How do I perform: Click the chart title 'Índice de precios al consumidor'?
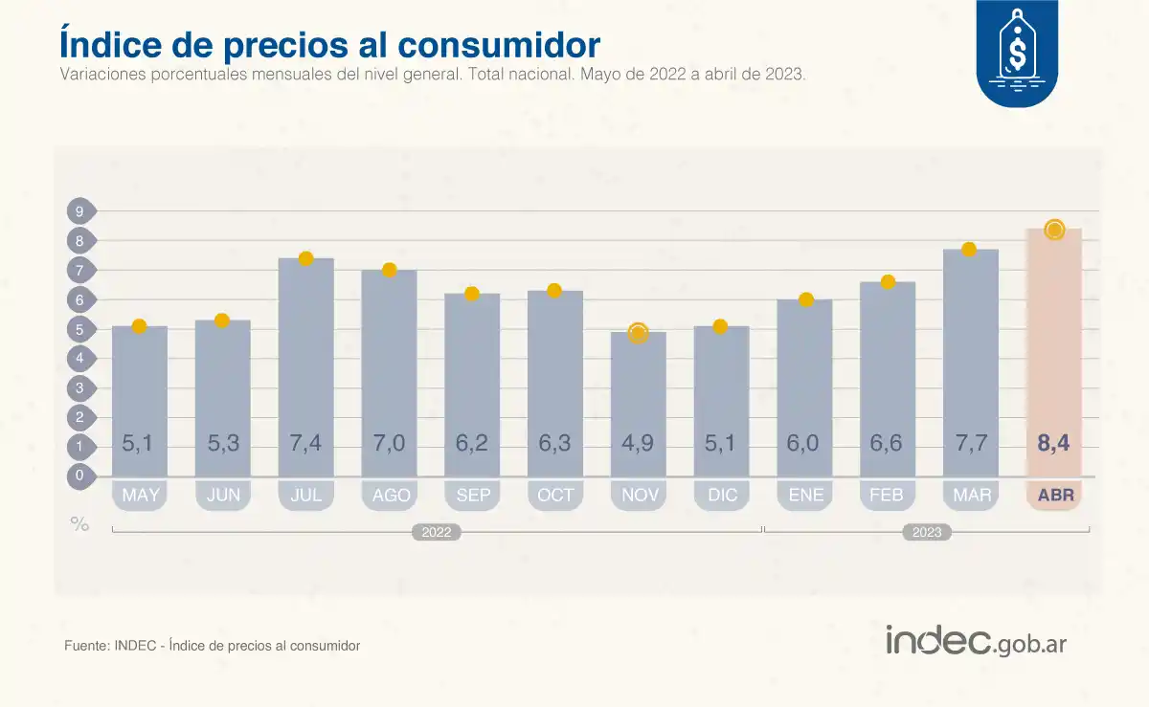[x=330, y=45]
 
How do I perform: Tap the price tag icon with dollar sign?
[x=1017, y=50]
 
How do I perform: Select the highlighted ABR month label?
[x=1055, y=496]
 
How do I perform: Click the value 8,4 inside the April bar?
[x=1053, y=444]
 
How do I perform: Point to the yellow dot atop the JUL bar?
[x=306, y=258]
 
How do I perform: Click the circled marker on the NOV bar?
[x=638, y=333]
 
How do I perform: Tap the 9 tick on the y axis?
[x=80, y=211]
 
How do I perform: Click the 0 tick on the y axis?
[x=80, y=475]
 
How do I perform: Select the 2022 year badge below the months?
[x=437, y=533]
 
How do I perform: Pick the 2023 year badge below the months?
[x=926, y=533]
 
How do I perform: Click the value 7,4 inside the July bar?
[x=306, y=444]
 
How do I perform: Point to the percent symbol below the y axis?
[x=79, y=523]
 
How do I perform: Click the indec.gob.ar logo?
[x=976, y=642]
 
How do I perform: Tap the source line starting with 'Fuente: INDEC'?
[x=212, y=646]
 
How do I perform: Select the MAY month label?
[x=140, y=496]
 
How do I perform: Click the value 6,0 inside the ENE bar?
[x=804, y=444]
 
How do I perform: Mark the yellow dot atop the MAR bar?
[x=969, y=250]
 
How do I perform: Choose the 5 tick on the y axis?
[x=80, y=330]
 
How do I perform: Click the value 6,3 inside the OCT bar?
[x=555, y=444]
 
